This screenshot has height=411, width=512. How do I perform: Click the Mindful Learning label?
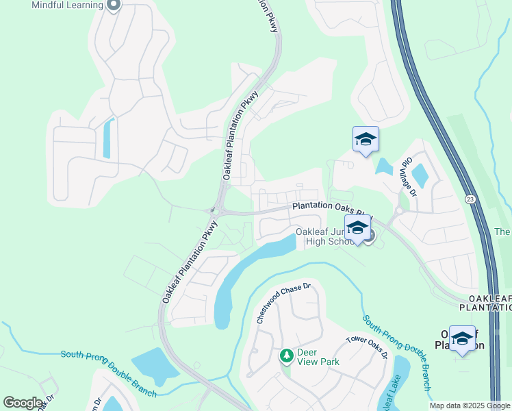click(67, 5)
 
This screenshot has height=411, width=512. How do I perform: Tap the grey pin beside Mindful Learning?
click(114, 5)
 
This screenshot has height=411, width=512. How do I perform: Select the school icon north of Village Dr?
click(366, 140)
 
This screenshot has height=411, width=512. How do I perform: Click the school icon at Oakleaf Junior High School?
click(357, 228)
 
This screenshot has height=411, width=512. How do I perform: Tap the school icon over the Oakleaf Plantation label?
click(462, 338)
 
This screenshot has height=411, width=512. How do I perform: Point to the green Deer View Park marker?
click(287, 356)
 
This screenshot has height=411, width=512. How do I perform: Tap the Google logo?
click(23, 403)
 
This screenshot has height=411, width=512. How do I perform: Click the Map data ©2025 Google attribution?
click(469, 406)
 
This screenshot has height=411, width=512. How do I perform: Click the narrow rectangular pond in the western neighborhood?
click(107, 138)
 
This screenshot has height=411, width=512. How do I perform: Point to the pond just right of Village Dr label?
click(420, 175)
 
